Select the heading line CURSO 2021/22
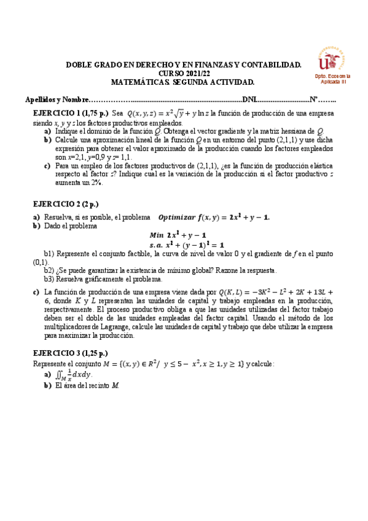coord(184,72)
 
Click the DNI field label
coord(250,100)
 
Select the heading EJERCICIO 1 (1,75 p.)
coord(71,114)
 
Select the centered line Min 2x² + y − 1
coord(178,235)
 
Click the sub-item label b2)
coord(49,270)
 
